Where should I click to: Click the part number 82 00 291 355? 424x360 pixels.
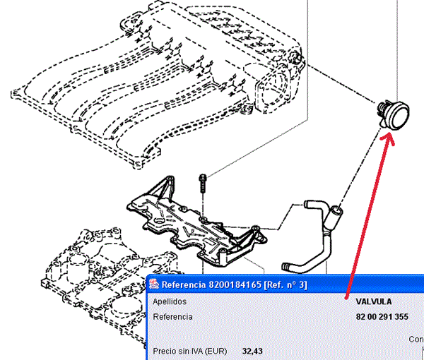tap(382, 317)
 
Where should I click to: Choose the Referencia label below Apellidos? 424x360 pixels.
tap(173, 317)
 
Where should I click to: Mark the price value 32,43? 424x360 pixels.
tap(253, 350)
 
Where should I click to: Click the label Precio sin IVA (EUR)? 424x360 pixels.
tap(193, 350)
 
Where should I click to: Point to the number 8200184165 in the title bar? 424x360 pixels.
tap(235, 285)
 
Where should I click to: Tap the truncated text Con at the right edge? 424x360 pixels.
tap(416, 339)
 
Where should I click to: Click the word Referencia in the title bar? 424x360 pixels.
tap(184, 285)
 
